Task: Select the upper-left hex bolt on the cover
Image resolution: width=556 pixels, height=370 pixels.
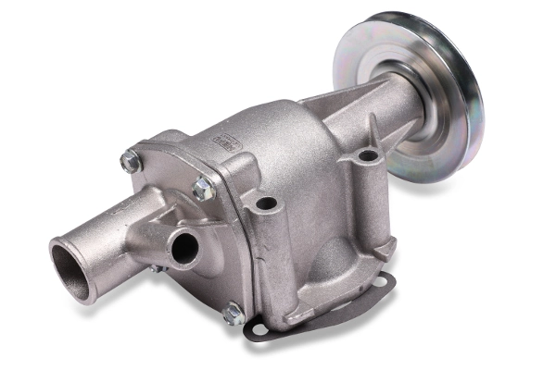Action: [x=130, y=162]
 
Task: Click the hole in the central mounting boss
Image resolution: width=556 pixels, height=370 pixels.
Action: [x=267, y=203]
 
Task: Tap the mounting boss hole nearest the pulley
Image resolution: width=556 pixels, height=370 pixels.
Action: [x=367, y=155]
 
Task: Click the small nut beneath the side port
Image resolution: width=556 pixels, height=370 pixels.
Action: [x=156, y=268]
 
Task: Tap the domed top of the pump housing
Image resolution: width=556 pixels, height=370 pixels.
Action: [x=269, y=125]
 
